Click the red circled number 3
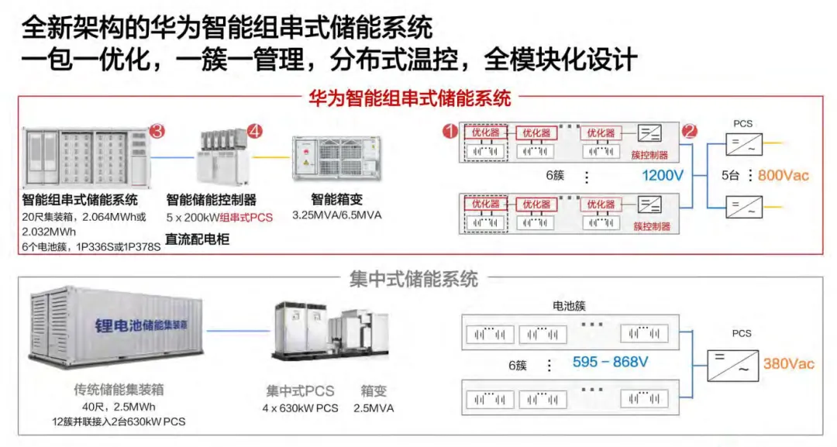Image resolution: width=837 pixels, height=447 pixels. click(157, 131)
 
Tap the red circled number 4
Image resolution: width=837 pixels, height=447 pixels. click(255, 131)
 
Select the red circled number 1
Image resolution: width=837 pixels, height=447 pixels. click(450, 131)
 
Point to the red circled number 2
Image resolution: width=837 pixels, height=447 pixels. click(690, 131)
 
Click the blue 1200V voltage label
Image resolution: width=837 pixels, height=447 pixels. click(663, 176)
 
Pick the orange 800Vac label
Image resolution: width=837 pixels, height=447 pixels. click(783, 176)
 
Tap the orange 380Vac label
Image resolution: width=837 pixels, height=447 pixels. click(788, 364)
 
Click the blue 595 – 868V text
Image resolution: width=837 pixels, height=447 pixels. click(610, 363)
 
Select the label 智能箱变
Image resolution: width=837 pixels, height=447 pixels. click(337, 200)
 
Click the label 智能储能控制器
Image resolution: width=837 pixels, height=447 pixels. click(212, 200)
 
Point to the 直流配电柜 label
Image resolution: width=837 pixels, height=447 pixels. click(198, 239)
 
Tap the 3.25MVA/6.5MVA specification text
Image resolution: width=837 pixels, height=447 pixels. click(337, 215)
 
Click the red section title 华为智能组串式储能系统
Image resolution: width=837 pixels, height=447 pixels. click(410, 98)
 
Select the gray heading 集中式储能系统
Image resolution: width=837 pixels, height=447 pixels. click(414, 279)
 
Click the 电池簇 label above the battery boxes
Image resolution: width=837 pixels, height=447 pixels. click(569, 306)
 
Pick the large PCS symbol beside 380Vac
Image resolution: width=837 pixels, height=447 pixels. click(732, 366)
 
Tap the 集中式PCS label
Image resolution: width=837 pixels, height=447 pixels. click(300, 391)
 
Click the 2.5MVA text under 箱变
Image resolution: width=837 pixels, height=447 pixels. click(374, 408)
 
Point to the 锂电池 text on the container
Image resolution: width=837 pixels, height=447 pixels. click(119, 325)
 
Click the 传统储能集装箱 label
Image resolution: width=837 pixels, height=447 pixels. click(119, 390)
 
